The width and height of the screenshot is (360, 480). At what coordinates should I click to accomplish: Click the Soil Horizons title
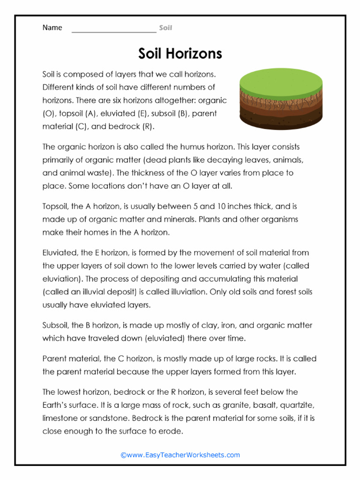click(180, 53)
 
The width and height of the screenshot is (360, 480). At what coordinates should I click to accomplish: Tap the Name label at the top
click(52, 28)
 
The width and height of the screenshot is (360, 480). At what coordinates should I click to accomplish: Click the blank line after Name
click(113, 29)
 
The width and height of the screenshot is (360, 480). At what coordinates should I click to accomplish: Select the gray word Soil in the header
click(165, 28)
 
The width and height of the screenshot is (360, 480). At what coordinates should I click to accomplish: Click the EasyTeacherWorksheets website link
click(180, 455)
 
